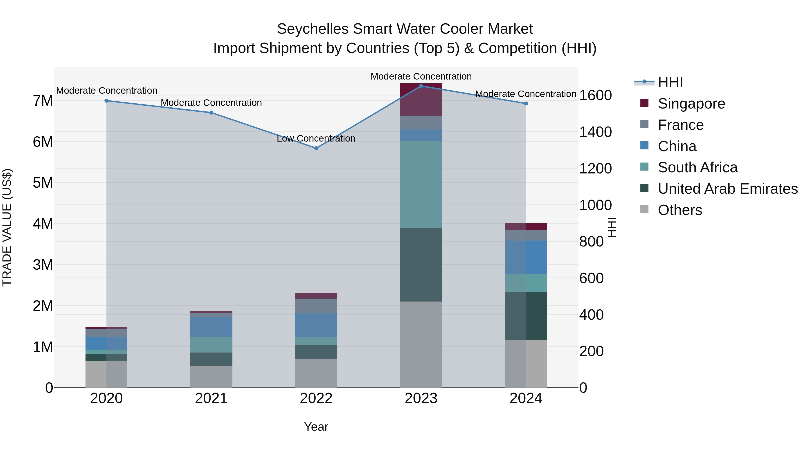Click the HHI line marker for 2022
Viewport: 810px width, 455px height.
point(316,148)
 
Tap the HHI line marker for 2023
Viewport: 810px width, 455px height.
point(421,86)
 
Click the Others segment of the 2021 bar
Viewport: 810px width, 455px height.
point(211,377)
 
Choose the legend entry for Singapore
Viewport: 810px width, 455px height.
point(691,104)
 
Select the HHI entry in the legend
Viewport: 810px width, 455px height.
point(670,82)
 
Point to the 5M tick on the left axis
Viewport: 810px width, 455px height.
point(43,183)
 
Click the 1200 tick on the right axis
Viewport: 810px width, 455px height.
point(595,169)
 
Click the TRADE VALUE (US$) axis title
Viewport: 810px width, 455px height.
point(7,227)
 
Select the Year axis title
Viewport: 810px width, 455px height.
point(316,427)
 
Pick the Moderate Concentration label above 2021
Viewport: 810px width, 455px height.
point(211,103)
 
